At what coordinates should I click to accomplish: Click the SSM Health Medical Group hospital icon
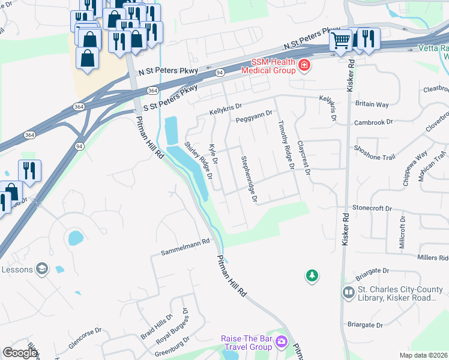[x=304, y=64]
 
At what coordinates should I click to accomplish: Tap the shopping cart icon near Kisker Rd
[x=340, y=40]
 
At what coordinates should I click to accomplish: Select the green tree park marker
[x=312, y=275]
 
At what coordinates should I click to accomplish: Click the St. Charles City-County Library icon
[x=349, y=292]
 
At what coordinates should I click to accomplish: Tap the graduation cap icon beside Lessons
[x=42, y=269]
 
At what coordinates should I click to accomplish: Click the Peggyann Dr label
[x=254, y=116]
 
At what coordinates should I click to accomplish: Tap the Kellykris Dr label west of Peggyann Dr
[x=225, y=110]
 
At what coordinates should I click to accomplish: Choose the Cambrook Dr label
[x=373, y=121]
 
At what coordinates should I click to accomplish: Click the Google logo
[x=20, y=352]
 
